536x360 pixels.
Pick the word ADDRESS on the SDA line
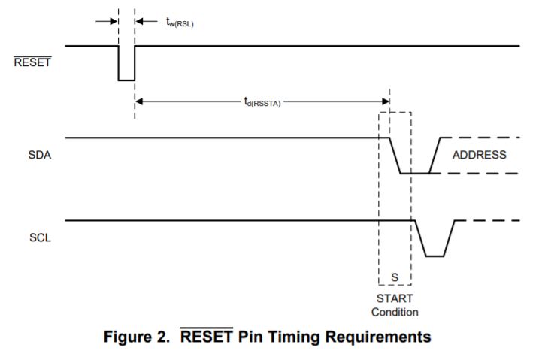click(x=479, y=156)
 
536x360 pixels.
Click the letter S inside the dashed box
click(x=395, y=279)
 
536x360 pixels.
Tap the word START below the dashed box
click(x=395, y=298)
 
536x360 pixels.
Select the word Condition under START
click(x=395, y=311)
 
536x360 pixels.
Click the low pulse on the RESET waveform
click(x=126, y=78)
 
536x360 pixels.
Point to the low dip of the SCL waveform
click(x=435, y=255)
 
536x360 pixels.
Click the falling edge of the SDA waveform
click(x=395, y=156)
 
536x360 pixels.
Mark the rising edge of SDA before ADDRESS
click(x=435, y=156)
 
